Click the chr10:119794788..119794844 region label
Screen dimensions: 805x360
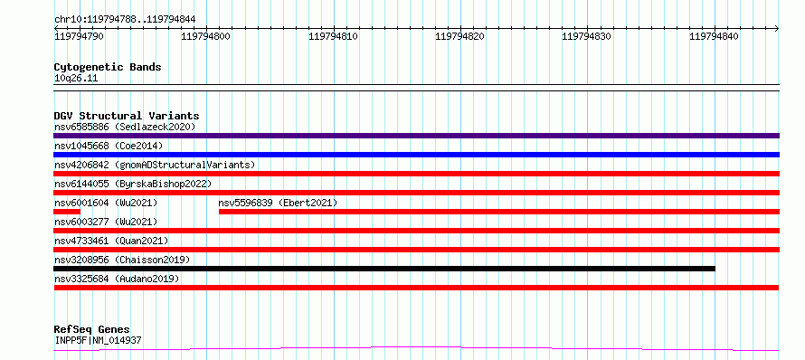(125, 20)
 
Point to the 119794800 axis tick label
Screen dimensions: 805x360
(206, 36)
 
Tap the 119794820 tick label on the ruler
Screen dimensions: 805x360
(460, 36)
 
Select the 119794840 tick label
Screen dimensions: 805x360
(715, 36)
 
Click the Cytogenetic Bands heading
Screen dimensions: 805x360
(108, 67)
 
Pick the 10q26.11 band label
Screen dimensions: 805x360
(76, 79)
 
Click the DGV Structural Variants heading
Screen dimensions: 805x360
(127, 116)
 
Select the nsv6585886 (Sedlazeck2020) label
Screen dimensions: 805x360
(125, 127)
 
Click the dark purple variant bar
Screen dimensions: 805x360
(416, 136)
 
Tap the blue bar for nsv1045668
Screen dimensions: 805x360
(416, 155)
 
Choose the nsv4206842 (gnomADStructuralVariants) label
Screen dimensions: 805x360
(155, 165)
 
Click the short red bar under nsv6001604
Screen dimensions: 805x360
(67, 212)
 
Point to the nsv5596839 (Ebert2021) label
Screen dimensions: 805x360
(278, 203)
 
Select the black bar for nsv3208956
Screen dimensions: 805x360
(384, 269)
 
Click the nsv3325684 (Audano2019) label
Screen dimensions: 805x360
(117, 279)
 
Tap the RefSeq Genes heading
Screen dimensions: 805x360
(92, 329)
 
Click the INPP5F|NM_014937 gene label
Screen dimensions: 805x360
(98, 340)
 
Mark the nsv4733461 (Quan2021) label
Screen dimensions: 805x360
(111, 241)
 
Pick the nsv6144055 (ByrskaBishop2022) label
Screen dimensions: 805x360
(133, 184)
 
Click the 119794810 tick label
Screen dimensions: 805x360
(333, 36)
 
